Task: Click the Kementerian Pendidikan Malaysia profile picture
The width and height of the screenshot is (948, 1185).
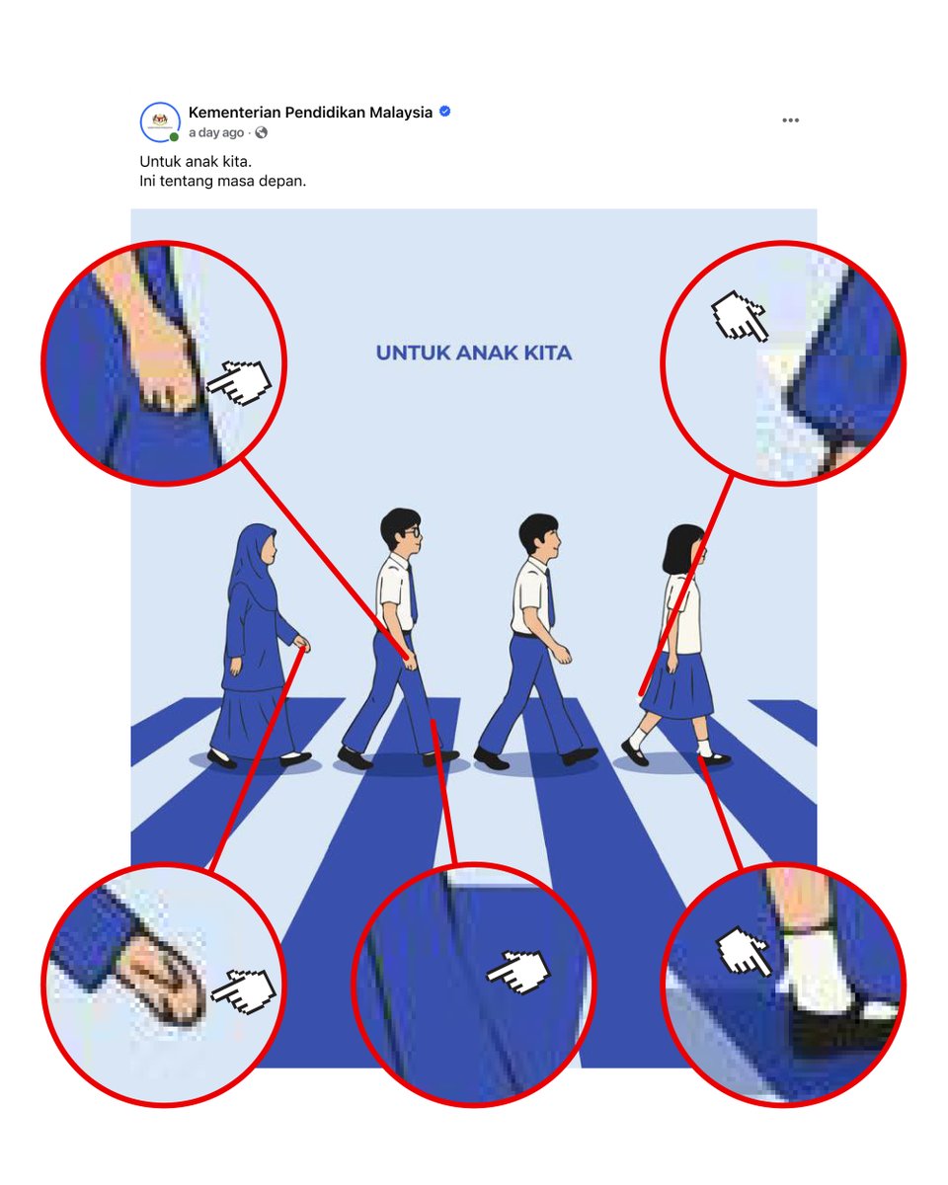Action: [x=160, y=122]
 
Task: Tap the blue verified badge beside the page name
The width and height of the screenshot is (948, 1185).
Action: [x=445, y=112]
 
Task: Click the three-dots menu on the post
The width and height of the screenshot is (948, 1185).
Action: [x=790, y=120]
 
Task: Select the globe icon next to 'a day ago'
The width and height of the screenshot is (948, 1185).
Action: [x=261, y=133]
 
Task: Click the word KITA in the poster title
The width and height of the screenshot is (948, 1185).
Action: [x=546, y=353]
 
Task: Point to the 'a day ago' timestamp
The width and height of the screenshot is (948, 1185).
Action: [x=216, y=133]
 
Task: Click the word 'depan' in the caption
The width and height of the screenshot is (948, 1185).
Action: [x=283, y=180]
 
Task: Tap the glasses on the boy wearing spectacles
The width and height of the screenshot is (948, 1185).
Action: [x=415, y=531]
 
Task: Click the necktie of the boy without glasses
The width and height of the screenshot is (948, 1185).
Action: [x=547, y=598]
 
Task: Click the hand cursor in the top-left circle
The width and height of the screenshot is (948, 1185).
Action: [x=239, y=382]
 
